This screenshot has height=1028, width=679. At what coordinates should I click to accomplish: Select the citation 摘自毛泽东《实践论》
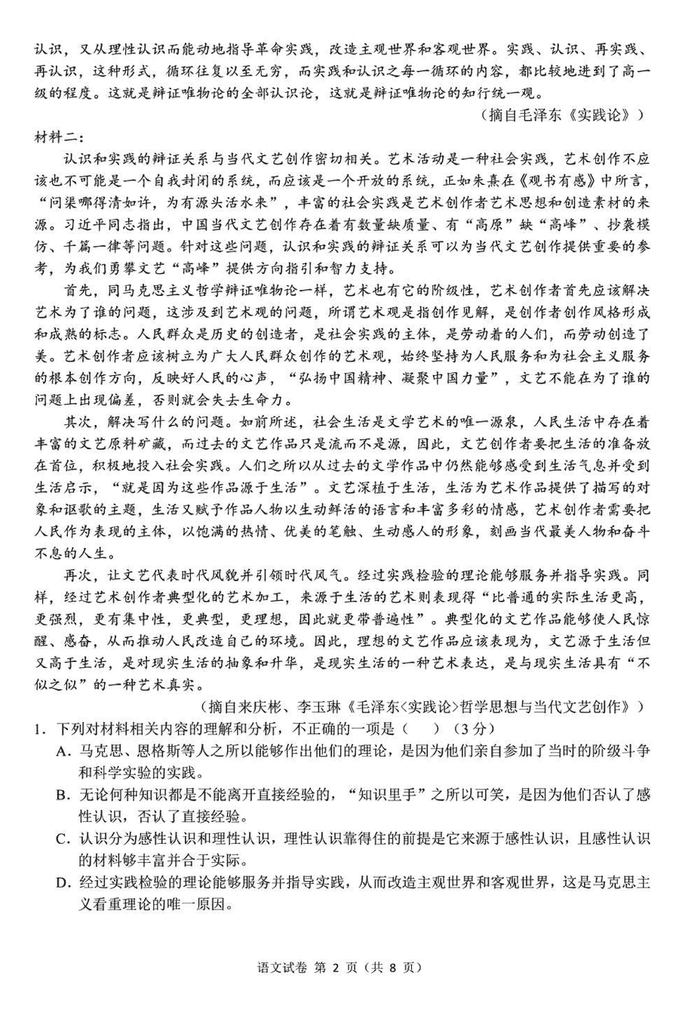pyautogui.click(x=563, y=115)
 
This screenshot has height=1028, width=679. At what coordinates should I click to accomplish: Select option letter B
pyautogui.click(x=63, y=795)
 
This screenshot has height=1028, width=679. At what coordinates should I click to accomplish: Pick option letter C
pyautogui.click(x=63, y=839)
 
